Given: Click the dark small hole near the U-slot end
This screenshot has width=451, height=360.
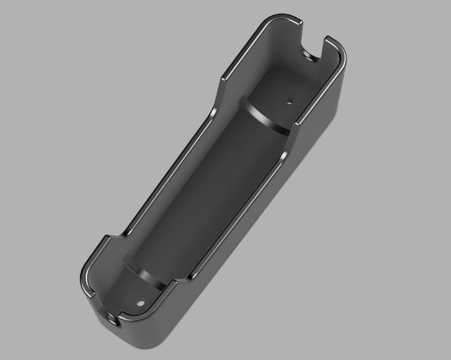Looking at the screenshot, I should tap(290, 101).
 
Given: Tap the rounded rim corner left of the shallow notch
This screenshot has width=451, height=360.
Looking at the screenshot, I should tap(83, 280).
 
